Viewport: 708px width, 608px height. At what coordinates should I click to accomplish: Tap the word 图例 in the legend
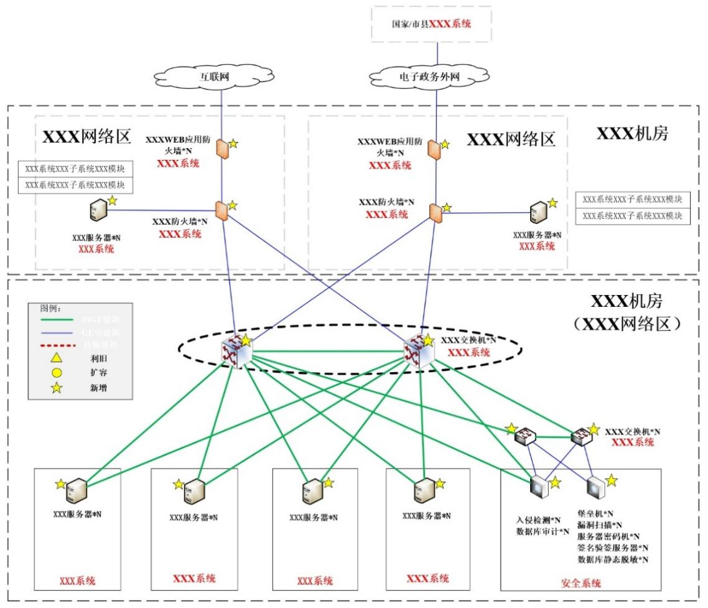[49, 307]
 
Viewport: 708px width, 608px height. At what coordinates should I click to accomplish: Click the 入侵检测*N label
[539, 520]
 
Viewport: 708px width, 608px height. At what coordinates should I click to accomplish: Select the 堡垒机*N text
[595, 513]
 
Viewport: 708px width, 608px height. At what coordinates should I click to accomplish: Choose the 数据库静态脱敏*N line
[613, 559]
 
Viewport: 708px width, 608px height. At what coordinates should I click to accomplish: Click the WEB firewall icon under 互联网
[222, 149]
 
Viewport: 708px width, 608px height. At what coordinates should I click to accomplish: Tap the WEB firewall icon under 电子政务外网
[434, 150]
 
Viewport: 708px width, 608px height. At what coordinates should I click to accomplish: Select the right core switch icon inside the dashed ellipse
[416, 348]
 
